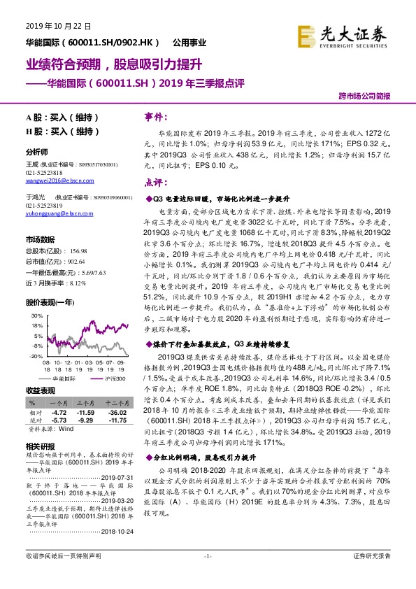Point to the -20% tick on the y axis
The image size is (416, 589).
37,355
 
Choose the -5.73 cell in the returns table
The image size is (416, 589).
57,420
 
